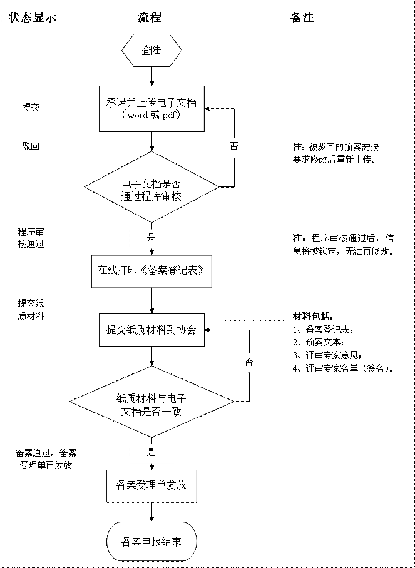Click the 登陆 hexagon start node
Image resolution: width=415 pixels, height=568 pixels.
point(151,50)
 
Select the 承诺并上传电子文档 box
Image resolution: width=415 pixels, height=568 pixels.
point(152,109)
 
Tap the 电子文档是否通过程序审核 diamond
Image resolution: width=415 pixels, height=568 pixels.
point(151,187)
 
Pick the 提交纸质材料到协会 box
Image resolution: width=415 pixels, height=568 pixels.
point(152,330)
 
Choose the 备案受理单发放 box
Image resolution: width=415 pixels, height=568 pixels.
point(151,485)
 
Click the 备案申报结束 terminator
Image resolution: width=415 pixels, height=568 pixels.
point(151,542)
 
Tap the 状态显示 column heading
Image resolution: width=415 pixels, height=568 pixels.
point(33,18)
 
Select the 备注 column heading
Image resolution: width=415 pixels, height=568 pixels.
point(302,18)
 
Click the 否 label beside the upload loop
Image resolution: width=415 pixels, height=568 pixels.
point(233,146)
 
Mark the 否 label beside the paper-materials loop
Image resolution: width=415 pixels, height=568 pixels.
point(248,362)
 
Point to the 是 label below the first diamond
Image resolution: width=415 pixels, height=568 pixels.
point(151,238)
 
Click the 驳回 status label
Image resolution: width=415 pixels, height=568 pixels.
point(31,146)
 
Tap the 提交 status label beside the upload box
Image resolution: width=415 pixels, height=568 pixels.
point(31,108)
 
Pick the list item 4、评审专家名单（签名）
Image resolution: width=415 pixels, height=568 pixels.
point(344,368)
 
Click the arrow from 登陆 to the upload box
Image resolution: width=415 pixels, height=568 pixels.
point(152,76)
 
